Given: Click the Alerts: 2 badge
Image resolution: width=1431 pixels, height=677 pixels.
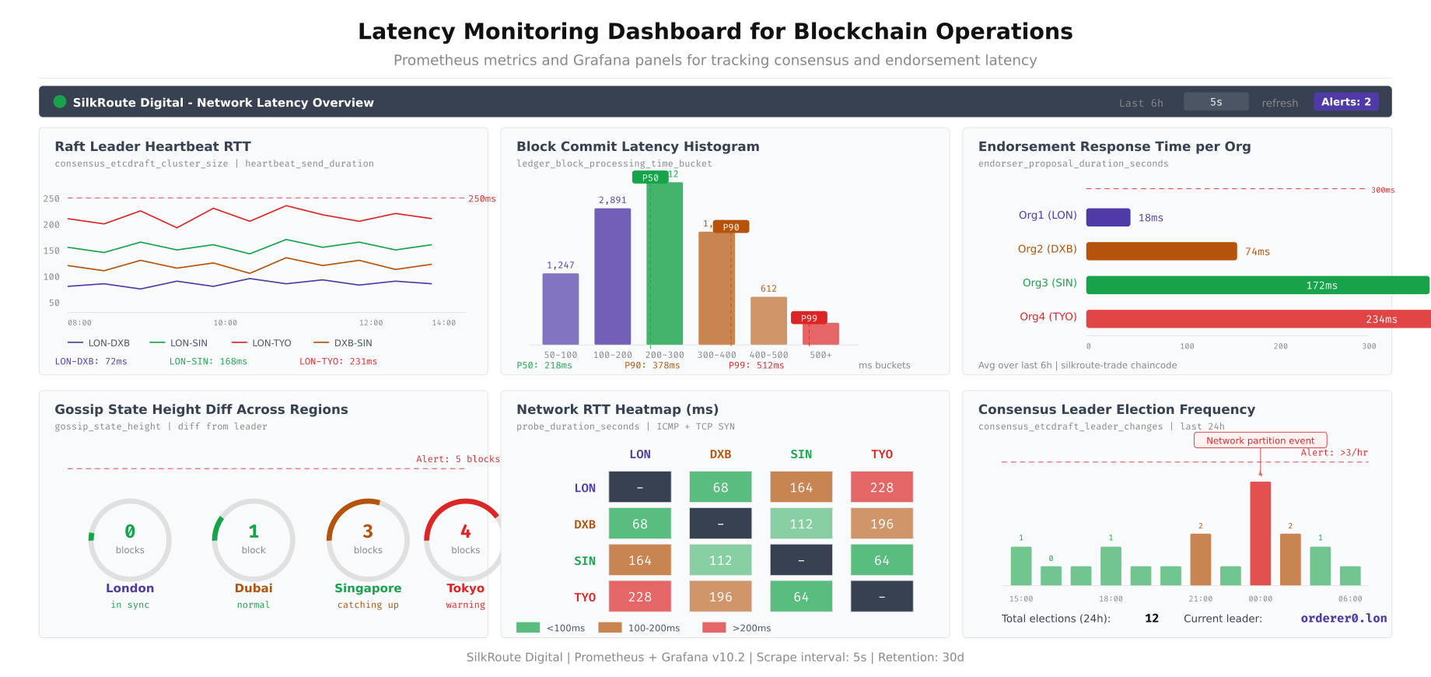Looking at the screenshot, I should click(1345, 102).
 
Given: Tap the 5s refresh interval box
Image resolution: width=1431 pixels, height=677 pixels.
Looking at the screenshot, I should click(1216, 102).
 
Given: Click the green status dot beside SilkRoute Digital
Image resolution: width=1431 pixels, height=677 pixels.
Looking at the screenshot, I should click(60, 102).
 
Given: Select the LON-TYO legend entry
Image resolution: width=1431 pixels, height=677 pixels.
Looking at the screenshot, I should click(261, 343).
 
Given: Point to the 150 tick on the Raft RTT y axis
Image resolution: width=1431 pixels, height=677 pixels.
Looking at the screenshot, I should click(51, 251).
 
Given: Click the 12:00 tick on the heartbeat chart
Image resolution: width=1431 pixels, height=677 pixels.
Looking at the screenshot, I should click(371, 323).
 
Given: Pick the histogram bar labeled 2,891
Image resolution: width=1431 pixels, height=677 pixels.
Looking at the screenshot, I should click(612, 276).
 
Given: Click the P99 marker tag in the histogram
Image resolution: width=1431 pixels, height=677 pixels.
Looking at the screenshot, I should click(809, 317).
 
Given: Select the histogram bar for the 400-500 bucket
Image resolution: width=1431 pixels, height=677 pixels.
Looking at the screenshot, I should click(768, 321).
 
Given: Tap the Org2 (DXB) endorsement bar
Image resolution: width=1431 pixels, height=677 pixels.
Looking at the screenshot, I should click(1161, 251).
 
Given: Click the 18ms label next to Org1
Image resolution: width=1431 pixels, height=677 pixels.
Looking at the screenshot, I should click(1150, 218).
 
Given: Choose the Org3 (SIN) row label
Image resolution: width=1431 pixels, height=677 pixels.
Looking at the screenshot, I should click(1049, 283).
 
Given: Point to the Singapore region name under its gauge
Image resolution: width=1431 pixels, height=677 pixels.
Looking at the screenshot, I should click(368, 588).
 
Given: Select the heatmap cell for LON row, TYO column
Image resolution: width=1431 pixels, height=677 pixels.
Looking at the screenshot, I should click(881, 487).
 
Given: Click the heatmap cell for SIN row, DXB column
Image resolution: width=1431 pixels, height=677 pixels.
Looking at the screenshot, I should click(720, 560).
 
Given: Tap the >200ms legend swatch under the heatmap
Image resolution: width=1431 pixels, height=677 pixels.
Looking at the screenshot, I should click(713, 628).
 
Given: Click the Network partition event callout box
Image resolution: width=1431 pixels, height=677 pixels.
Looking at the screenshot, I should click(1260, 440).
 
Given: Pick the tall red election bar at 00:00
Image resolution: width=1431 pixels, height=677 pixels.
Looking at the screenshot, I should click(1260, 533).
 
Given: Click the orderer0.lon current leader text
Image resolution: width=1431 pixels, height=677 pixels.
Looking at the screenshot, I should click(1343, 619).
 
